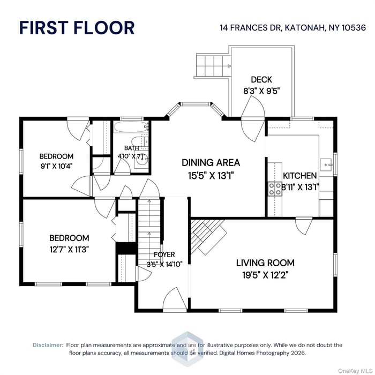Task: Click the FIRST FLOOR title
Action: [x=77, y=28]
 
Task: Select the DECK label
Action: [x=261, y=80]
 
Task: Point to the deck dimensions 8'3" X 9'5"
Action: [x=261, y=91]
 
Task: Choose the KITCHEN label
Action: [x=299, y=176]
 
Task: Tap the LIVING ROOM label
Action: [x=265, y=263]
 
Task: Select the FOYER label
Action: [x=164, y=254]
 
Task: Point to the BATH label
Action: [x=131, y=148]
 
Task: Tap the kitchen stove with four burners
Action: [x=275, y=187]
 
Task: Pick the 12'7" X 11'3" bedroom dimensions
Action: [x=69, y=249]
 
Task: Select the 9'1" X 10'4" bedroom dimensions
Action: [x=56, y=166]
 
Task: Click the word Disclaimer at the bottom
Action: [x=48, y=345]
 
